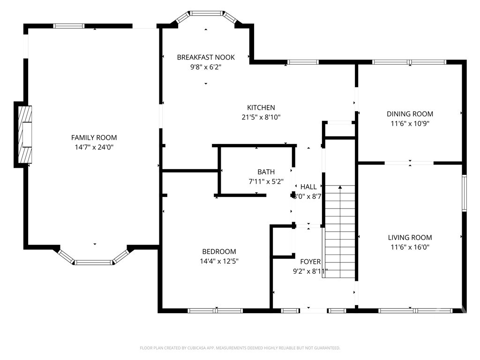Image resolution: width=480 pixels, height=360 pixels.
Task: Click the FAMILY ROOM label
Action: [94, 137]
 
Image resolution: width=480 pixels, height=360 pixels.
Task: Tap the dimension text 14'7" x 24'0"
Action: [94, 147]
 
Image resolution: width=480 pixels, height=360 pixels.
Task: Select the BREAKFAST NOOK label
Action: [206, 57]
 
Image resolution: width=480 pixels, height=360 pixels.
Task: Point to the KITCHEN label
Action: [261, 107]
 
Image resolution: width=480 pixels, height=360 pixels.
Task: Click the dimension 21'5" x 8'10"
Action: [261, 117]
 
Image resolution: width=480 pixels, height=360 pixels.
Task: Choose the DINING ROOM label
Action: [410, 114]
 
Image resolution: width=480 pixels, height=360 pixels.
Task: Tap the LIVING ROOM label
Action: [410, 238]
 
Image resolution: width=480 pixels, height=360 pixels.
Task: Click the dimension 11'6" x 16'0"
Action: [410, 247]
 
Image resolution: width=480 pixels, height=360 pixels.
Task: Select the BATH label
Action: [266, 172]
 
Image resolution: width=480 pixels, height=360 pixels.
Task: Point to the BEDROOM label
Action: [219, 251]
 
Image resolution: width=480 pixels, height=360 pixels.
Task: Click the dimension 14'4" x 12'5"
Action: [219, 261]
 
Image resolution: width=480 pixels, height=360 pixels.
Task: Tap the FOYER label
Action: [310, 262]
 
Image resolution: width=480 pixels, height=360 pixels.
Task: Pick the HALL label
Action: [308, 187]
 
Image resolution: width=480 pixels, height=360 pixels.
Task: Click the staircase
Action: [340, 232]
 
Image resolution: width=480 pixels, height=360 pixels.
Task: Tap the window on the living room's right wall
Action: [464, 193]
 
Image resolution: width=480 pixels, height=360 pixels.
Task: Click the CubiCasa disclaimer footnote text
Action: [240, 348]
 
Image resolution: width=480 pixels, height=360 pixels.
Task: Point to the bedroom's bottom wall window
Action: [215, 310]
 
